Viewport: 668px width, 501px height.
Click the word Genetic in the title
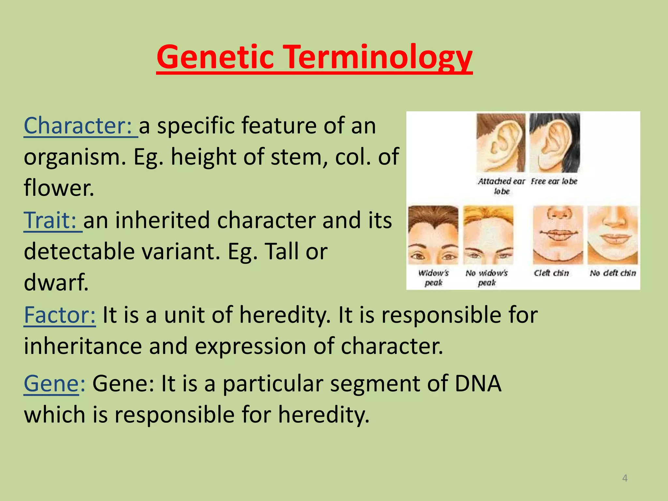[x=215, y=57]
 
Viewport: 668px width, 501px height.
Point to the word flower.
[x=59, y=188]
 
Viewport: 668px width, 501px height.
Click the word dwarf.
[x=56, y=282]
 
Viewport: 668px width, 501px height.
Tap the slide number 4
[x=625, y=478]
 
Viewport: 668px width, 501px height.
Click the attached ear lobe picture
[x=501, y=143]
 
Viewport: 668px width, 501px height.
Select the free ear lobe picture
[x=554, y=143]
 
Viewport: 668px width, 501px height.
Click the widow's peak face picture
[x=433, y=235]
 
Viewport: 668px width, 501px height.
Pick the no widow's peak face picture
[x=488, y=235]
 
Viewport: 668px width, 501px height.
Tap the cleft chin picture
[x=558, y=235]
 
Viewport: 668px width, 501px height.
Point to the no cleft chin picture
[x=613, y=235]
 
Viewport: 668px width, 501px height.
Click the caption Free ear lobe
[x=554, y=181]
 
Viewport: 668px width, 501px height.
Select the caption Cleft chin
[x=551, y=273]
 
